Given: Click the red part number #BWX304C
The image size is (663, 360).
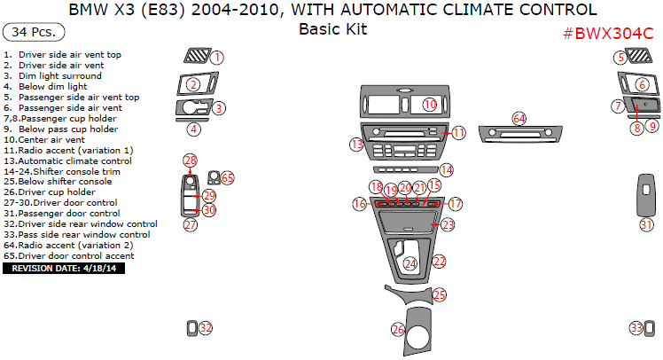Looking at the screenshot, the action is click(608, 34).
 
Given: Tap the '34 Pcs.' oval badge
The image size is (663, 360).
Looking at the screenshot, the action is click(34, 32).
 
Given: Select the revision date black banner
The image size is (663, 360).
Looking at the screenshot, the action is click(64, 268).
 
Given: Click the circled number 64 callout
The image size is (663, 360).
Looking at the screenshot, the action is click(519, 119).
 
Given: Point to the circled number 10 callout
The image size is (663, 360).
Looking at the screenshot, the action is click(430, 104).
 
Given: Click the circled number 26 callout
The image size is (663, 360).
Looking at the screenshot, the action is click(398, 330).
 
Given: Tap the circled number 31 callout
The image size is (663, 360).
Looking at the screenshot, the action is click(646, 224).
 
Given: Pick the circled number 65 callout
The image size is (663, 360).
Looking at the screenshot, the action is click(227, 177).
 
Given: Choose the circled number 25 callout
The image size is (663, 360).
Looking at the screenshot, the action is click(440, 295).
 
